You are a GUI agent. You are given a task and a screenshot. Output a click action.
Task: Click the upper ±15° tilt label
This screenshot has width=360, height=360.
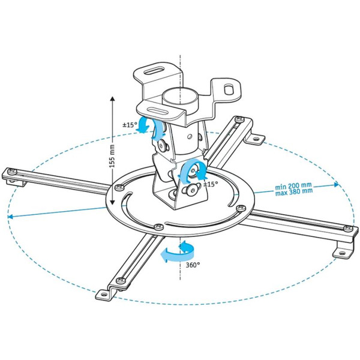coord(130,126)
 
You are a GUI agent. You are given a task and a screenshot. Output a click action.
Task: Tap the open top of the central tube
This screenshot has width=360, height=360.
coord(179,94)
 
